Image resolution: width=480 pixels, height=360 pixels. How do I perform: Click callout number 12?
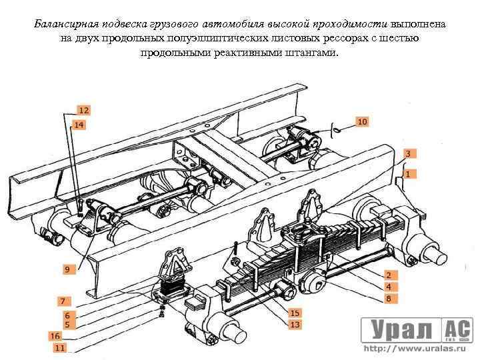(x=84, y=110)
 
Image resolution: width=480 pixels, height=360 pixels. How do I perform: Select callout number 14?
(x=79, y=125)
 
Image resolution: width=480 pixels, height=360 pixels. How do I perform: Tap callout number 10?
(x=361, y=122)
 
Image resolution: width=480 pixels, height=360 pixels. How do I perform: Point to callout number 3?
(x=409, y=153)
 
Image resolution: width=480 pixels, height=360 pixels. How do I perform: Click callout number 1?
(x=409, y=173)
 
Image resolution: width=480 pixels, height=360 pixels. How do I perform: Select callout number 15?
(x=294, y=312)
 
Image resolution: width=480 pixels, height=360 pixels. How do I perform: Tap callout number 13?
(x=294, y=324)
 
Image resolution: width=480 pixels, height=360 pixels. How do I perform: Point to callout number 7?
(x=63, y=301)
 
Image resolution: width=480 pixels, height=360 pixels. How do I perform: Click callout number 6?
(x=67, y=315)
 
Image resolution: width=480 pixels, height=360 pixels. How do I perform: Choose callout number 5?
(x=67, y=324)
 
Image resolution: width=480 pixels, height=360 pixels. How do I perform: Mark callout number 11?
(x=60, y=347)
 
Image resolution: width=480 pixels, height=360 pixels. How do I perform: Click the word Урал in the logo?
(x=398, y=329)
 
